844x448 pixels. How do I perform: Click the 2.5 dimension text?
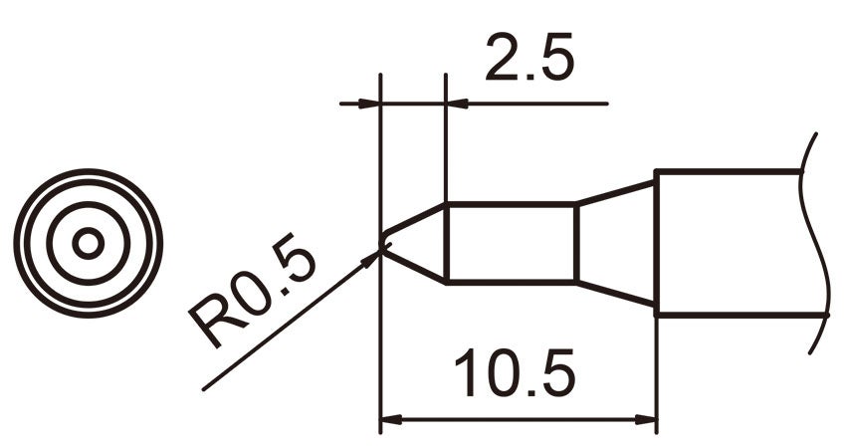[528, 62]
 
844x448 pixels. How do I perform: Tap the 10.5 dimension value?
[515, 374]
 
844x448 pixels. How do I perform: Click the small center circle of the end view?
[89, 243]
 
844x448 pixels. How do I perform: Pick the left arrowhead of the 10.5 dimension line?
[390, 419]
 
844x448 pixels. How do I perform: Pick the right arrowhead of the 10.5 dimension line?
[647, 419]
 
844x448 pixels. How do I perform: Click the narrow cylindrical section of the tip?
[511, 242]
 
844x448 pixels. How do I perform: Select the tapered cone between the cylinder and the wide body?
[616, 243]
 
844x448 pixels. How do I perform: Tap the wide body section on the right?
[732, 243]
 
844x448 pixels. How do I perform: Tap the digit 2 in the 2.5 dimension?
[500, 62]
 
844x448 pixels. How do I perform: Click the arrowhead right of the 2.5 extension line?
[456, 103]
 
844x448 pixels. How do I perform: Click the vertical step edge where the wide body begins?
[656, 243]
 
